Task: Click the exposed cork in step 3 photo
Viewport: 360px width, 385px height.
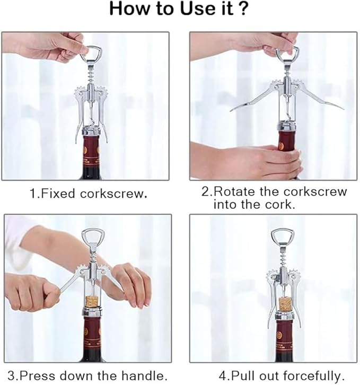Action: click(x=93, y=304)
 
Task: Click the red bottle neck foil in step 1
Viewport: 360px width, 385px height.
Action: click(x=91, y=152)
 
